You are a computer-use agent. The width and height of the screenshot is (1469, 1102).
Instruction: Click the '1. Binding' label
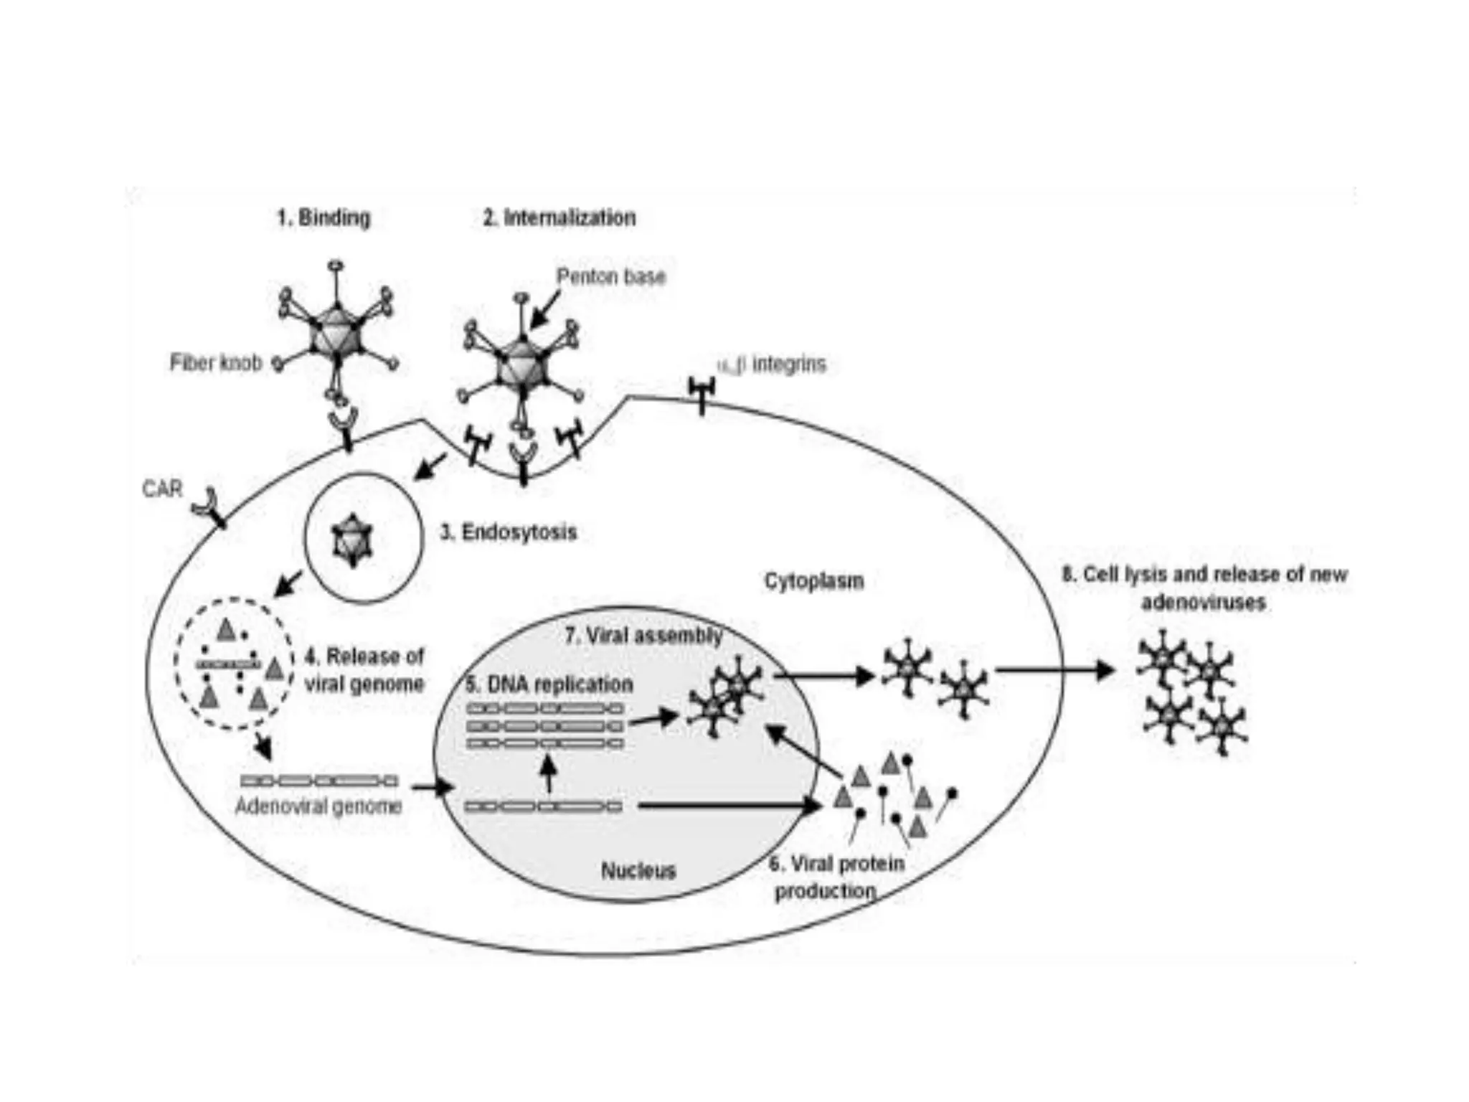point(323,217)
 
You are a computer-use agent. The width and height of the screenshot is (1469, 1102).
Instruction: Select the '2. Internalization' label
point(559,217)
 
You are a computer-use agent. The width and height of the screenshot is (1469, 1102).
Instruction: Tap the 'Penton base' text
point(611,276)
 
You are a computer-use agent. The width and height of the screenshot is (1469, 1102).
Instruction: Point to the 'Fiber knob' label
point(216,363)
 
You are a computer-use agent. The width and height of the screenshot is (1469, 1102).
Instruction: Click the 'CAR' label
point(163,489)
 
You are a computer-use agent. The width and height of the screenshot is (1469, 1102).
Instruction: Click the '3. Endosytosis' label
point(509,532)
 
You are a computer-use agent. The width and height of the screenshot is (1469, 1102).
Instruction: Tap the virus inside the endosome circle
point(352,540)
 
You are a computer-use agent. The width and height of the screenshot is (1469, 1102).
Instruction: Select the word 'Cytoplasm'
point(814,580)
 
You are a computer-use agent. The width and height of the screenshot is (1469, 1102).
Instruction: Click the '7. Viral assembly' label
point(643,636)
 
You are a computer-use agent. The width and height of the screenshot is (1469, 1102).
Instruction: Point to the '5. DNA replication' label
point(549,684)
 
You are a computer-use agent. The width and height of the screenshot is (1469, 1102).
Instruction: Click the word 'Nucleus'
point(638,870)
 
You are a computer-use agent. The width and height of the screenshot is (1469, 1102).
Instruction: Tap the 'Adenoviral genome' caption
point(318,806)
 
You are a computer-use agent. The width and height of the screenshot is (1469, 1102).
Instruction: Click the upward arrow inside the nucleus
point(549,774)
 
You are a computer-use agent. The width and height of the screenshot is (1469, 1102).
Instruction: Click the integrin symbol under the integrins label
point(702,393)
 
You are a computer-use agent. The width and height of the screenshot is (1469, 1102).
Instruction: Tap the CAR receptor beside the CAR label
point(209,506)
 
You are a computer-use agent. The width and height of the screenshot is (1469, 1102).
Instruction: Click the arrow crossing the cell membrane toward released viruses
point(1054,670)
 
